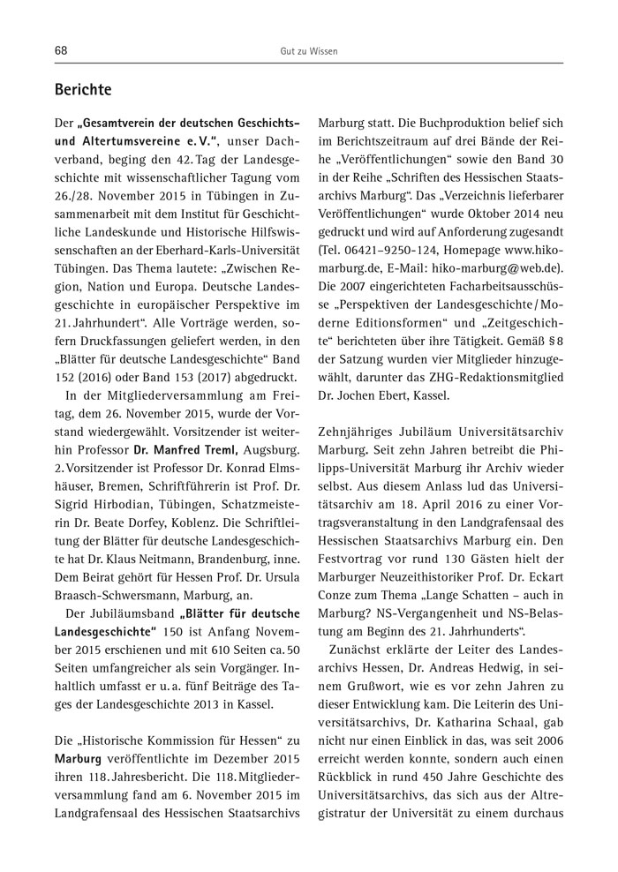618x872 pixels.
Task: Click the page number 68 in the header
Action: (x=61, y=52)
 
